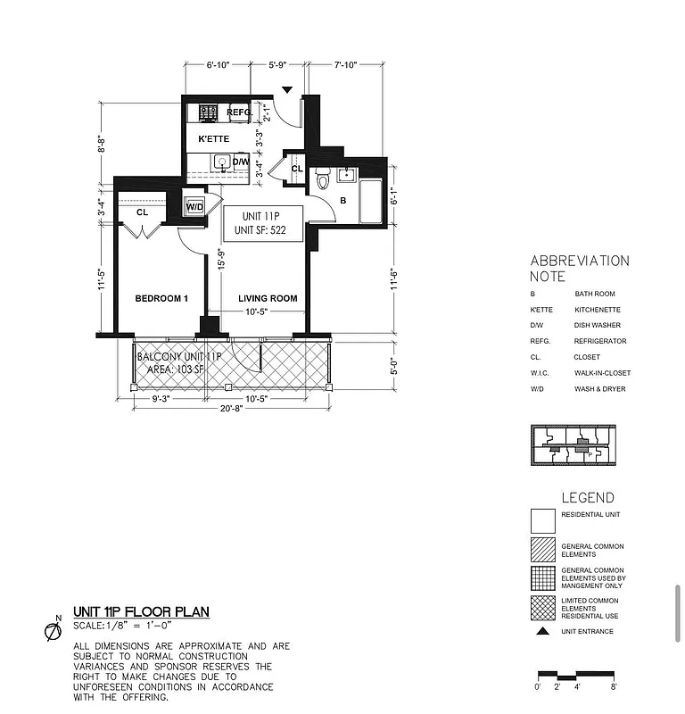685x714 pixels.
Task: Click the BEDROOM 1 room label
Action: point(161,298)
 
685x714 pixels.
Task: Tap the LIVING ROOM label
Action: point(268,298)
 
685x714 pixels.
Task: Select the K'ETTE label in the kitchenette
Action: point(214,139)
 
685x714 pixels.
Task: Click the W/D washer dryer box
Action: point(194,207)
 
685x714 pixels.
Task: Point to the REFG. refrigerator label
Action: point(238,112)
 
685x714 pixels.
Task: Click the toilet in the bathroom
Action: point(324,176)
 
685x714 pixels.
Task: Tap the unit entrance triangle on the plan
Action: point(286,89)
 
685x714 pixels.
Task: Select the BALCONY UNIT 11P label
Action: point(177,357)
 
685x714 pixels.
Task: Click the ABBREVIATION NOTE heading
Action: point(580,269)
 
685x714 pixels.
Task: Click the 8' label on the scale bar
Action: point(614,687)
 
